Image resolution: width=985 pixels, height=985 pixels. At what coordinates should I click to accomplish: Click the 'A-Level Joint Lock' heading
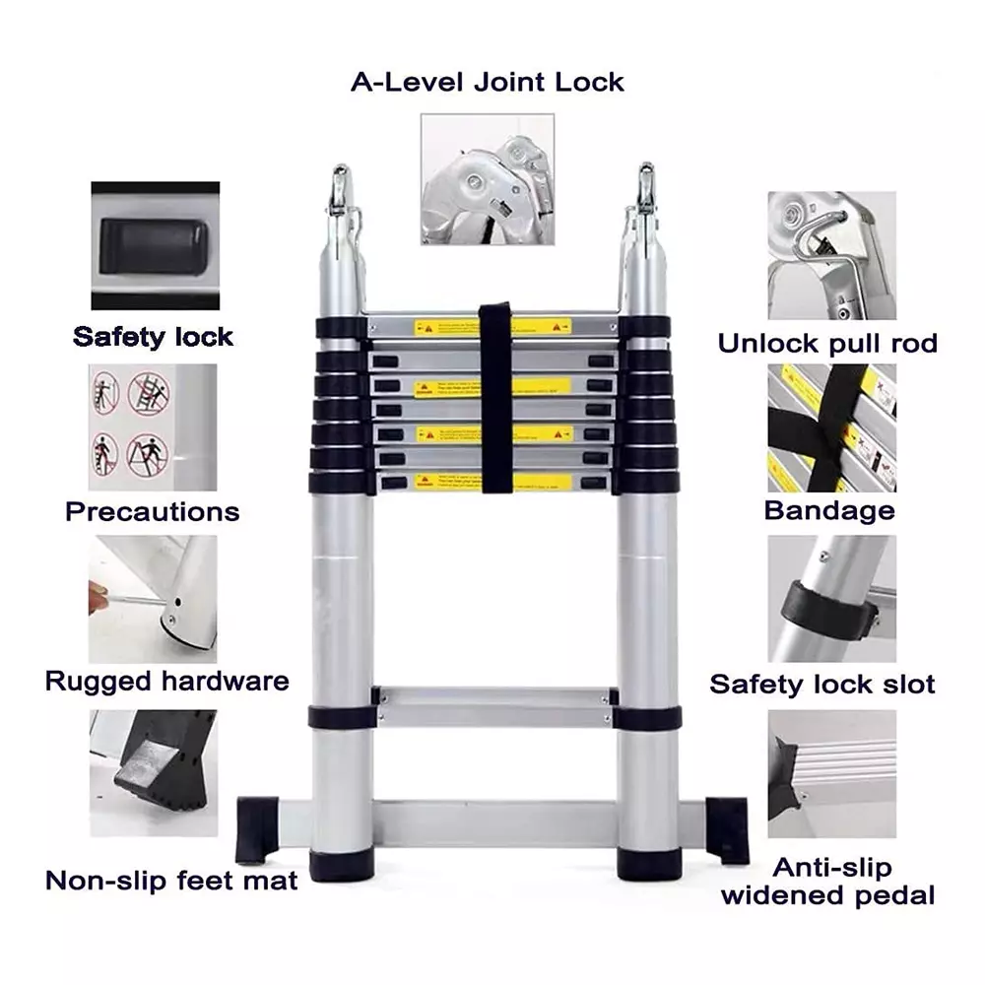(x=487, y=82)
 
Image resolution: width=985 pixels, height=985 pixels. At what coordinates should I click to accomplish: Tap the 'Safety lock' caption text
(x=153, y=337)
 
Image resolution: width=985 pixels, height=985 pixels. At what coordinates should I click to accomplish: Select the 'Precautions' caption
(x=152, y=512)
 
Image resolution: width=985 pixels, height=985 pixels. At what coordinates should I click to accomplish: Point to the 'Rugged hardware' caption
(x=167, y=682)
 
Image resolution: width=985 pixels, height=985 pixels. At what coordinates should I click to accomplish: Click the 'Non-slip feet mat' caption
(x=170, y=880)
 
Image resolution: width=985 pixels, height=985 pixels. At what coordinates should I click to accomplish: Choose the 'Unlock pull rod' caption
(x=826, y=344)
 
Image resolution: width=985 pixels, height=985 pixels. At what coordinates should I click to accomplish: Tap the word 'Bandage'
(x=829, y=511)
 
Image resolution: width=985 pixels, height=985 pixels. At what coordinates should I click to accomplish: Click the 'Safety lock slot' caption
(x=822, y=685)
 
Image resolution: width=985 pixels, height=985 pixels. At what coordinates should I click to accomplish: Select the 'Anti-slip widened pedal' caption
(x=828, y=882)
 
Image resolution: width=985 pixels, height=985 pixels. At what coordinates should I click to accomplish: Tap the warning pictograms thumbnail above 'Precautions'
(x=153, y=427)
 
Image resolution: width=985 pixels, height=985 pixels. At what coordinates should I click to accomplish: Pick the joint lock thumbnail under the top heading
(x=487, y=177)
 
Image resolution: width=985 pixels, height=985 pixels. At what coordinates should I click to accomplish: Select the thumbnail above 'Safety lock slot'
(x=832, y=599)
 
